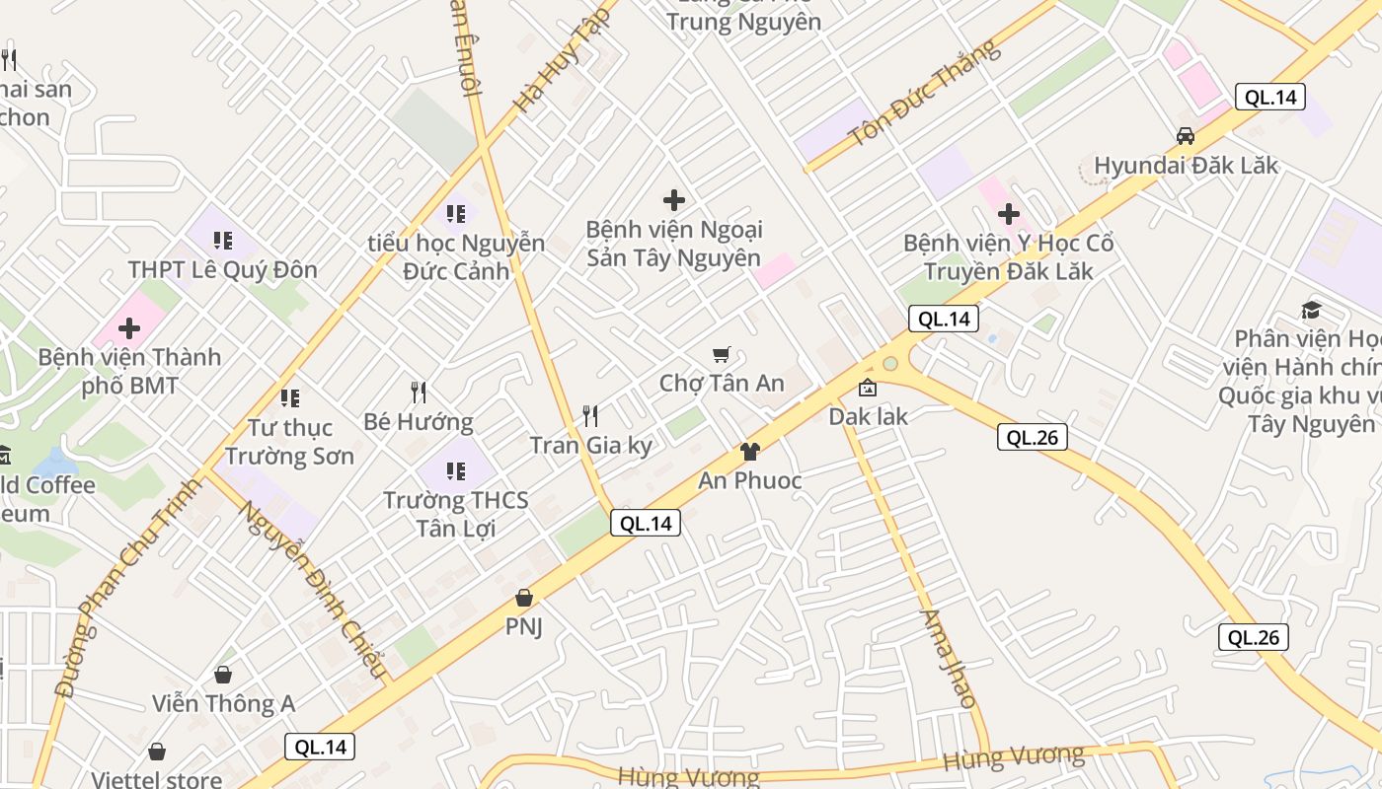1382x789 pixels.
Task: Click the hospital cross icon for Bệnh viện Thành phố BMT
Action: (129, 327)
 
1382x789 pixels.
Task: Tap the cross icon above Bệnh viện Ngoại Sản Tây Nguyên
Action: (674, 200)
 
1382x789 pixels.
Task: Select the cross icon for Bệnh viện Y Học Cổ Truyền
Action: (1008, 213)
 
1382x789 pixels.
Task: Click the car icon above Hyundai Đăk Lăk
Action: (1185, 136)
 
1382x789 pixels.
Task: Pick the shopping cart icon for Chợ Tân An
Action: (722, 354)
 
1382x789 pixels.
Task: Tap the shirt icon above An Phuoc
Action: (749, 452)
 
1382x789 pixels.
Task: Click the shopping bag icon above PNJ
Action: (524, 598)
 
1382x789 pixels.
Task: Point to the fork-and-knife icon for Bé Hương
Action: (419, 393)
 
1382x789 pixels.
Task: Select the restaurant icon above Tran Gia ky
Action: (590, 415)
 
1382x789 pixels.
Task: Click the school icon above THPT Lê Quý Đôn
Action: (223, 240)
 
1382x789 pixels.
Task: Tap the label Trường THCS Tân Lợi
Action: (455, 514)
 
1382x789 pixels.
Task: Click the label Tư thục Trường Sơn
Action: (289, 442)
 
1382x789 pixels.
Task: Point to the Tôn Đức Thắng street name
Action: (925, 94)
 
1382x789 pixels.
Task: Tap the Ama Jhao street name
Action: (948, 658)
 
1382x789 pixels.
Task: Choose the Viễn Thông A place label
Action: (223, 703)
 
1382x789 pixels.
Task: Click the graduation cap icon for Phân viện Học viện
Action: (1311, 311)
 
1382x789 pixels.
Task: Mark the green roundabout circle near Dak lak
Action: (890, 364)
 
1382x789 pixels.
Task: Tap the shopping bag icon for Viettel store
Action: (157, 753)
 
